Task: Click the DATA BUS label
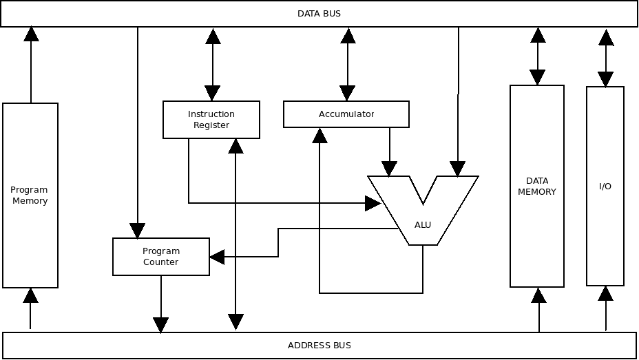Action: [x=319, y=14]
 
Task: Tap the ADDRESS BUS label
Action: [x=319, y=346]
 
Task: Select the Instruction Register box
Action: [x=211, y=120]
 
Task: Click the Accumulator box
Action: [x=346, y=114]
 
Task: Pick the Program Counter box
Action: [x=161, y=257]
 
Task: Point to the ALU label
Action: [x=423, y=225]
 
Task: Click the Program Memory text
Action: [x=30, y=195]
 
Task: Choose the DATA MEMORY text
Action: [x=537, y=187]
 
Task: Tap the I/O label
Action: [x=605, y=187]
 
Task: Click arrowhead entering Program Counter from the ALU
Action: [x=217, y=257]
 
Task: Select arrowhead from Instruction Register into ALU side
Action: [x=373, y=203]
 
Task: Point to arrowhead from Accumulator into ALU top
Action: [x=390, y=169]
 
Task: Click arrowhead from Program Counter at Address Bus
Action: [x=161, y=325]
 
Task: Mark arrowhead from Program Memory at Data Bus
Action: [x=31, y=34]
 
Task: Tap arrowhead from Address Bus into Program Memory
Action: [x=30, y=296]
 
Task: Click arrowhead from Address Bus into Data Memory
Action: [x=539, y=296]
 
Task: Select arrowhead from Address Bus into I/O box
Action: [x=606, y=294]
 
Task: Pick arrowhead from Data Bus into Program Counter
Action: [x=138, y=231]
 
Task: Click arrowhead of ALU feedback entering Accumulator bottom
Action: [x=319, y=136]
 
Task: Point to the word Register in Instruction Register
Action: [x=211, y=125]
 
